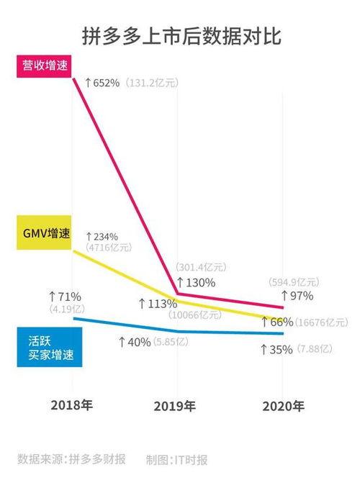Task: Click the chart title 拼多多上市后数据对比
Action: [180, 35]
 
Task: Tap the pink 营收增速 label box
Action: [40, 65]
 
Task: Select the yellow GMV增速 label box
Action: [41, 236]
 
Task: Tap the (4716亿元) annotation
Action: [108, 247]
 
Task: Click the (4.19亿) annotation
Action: [66, 310]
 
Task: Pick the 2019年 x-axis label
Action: [175, 406]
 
